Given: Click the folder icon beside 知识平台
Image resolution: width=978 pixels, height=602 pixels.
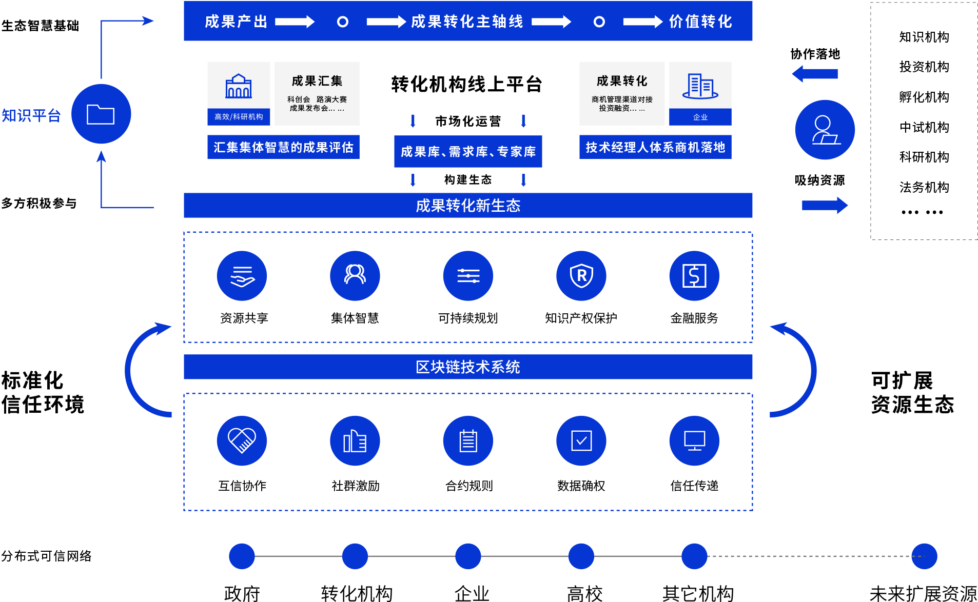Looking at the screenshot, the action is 101,114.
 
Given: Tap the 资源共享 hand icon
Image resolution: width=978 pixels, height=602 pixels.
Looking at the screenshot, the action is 242,276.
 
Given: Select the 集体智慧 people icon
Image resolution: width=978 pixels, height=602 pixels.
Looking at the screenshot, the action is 355,276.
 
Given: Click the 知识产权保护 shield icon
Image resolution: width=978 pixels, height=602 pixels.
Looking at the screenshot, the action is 581,276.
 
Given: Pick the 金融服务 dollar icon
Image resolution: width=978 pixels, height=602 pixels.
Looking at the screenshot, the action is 694,276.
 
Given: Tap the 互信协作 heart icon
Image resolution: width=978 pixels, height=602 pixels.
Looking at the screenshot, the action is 242,440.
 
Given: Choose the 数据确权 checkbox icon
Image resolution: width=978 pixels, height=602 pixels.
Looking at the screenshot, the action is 581,440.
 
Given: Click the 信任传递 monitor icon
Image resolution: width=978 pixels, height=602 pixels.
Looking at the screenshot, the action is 694,440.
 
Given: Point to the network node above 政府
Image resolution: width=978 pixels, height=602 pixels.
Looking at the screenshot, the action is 242,556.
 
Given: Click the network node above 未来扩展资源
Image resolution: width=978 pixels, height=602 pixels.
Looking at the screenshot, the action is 924,556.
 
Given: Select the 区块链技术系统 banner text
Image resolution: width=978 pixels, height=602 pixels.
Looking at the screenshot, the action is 468,367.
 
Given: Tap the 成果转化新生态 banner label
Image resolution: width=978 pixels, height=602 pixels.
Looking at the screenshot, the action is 468,206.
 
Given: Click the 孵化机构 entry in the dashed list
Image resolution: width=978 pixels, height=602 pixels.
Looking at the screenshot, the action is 924,97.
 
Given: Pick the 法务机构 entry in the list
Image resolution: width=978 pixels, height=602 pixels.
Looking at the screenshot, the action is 924,187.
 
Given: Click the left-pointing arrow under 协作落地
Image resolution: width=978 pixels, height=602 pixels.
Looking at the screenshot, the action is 815,74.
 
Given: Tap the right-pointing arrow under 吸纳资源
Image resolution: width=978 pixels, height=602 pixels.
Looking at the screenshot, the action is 825,206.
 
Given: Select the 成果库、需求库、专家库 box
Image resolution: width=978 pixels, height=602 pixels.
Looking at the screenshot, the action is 468,151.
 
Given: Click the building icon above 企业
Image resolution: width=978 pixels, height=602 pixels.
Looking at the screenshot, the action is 700,86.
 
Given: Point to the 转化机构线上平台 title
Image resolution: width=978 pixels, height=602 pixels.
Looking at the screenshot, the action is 466,84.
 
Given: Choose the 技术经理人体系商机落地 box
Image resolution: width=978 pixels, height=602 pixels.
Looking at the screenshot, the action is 655,147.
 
